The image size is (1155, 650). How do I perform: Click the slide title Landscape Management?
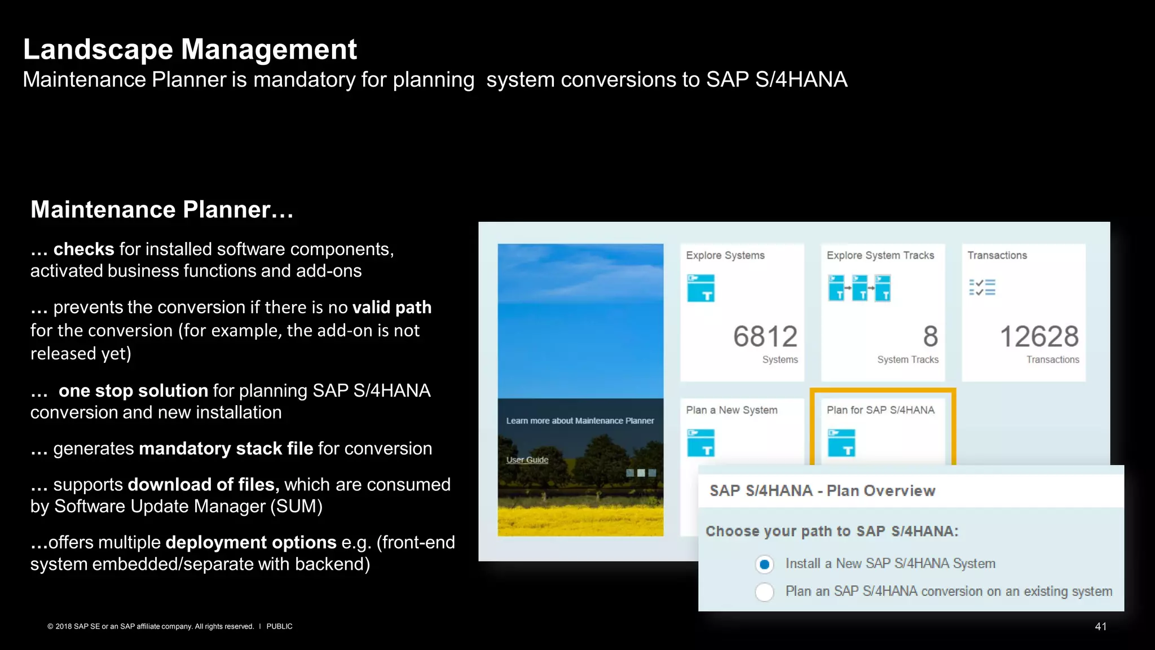tap(189, 50)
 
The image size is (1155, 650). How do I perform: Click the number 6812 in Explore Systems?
tap(765, 337)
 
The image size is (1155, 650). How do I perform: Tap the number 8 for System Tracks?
tap(930, 337)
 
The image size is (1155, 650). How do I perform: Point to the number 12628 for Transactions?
tap(1039, 337)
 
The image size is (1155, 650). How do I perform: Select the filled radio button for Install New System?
tap(764, 564)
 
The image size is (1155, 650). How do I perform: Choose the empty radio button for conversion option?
tap(764, 592)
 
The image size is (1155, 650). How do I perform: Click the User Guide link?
tap(527, 460)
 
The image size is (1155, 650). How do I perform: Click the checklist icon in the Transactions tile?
tap(982, 287)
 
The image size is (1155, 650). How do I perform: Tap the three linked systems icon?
tap(859, 288)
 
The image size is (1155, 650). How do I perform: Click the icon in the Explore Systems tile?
tap(700, 288)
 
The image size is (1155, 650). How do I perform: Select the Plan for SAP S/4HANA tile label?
tap(880, 410)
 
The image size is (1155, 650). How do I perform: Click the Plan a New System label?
tap(731, 410)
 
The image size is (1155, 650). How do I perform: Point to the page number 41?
tap(1100, 626)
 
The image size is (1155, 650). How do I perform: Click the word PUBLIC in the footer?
tap(279, 626)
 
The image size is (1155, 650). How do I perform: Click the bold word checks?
tap(83, 249)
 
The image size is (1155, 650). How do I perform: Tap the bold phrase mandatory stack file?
tap(226, 449)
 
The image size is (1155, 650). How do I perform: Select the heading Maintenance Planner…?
tap(162, 210)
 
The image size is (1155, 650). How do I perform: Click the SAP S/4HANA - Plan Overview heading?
tap(822, 491)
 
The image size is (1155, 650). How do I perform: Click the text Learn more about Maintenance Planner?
tap(580, 421)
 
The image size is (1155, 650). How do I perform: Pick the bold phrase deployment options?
tap(250, 542)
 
